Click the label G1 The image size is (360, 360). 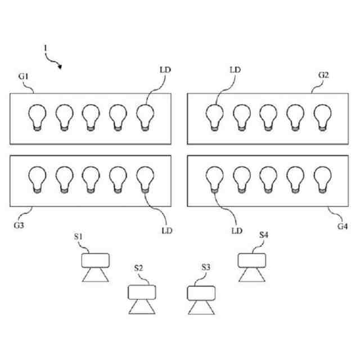[x=24, y=75]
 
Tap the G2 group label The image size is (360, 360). [x=323, y=75]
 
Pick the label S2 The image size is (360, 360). [x=139, y=268]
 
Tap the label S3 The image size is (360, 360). [x=206, y=268]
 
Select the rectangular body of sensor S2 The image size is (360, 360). [x=142, y=292]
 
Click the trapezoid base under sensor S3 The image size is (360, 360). [x=201, y=309]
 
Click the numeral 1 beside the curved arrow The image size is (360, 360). [x=45, y=49]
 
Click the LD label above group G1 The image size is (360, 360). [x=165, y=70]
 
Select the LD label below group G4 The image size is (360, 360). [x=237, y=230]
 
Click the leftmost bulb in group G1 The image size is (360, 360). [x=37, y=117]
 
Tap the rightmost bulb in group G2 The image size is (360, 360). [x=322, y=117]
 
